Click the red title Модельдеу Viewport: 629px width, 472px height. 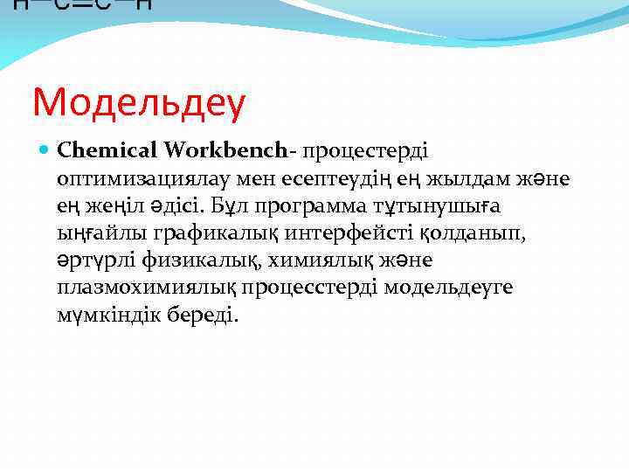[x=140, y=103]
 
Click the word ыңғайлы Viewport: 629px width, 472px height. [x=100, y=233]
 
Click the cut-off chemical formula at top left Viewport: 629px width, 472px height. [x=82, y=5]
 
